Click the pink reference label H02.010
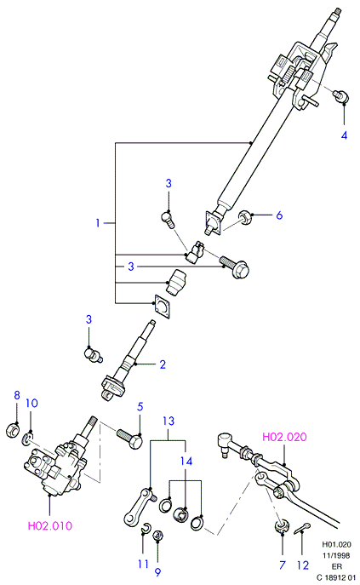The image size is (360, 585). [x=50, y=525]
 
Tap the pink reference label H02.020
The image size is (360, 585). [x=284, y=437]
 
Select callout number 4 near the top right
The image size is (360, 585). [x=344, y=135]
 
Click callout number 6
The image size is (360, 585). [x=279, y=215]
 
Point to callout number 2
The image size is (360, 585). [x=163, y=364]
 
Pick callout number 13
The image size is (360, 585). [x=169, y=421]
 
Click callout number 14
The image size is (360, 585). [x=186, y=462]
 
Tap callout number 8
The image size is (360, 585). [x=17, y=395]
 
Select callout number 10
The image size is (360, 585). [x=32, y=404]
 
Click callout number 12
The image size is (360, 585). [x=303, y=565]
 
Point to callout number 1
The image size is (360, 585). [x=98, y=223]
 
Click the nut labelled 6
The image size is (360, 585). [x=244, y=216]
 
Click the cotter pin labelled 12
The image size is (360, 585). [x=302, y=528]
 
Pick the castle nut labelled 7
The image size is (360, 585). [x=282, y=525]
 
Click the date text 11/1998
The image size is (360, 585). [x=336, y=555]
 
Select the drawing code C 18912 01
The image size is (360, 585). [x=336, y=578]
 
